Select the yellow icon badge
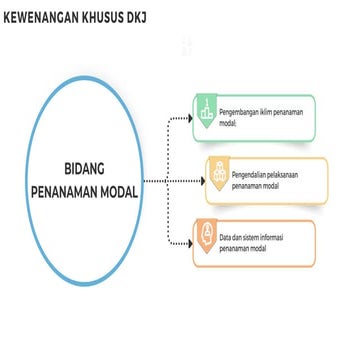click(x=218, y=176)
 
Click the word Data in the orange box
click(x=226, y=236)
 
